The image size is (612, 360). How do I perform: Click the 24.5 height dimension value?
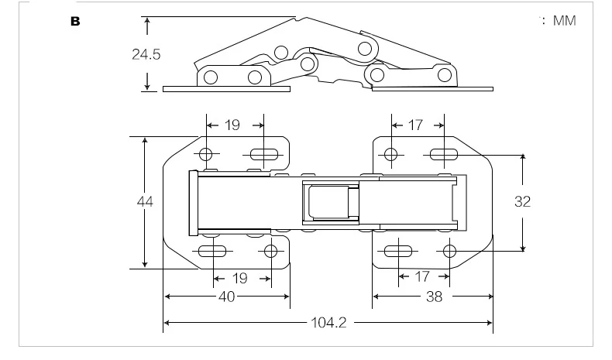pos(146,54)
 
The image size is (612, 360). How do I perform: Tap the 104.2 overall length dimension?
pos(328,323)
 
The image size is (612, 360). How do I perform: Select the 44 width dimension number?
pos(145,201)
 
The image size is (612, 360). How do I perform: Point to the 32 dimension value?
pos(522,201)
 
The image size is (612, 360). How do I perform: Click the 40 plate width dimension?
pos(226,297)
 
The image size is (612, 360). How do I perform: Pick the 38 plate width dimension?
pos(434,297)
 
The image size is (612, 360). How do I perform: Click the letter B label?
pos(75,21)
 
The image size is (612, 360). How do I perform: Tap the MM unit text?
pos(565,21)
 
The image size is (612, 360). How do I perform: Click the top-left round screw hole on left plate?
pos(206,155)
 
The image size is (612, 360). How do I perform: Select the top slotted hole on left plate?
pos(264,155)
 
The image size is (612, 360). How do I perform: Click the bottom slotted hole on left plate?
pos(212,251)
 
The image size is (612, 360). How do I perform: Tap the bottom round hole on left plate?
pos(270,251)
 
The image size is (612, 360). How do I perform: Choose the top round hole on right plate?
pos(390,155)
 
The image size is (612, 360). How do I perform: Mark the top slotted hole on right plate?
pos(444,155)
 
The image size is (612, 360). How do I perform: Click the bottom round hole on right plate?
pos(449,251)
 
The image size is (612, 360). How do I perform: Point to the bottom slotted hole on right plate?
pos(398,251)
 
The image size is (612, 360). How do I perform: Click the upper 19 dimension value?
pos(232,125)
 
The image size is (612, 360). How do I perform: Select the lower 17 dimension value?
pos(421,276)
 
